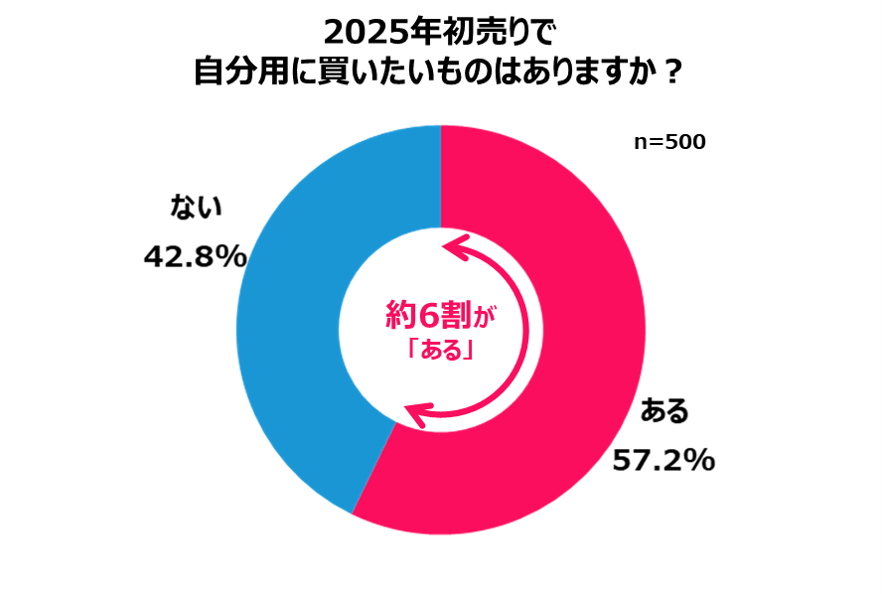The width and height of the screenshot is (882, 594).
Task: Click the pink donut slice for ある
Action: [x=586, y=298]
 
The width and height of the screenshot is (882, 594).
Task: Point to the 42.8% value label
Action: [x=195, y=257]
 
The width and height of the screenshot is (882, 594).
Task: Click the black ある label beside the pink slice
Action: [x=664, y=410]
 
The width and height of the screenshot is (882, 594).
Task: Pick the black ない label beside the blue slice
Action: [x=196, y=207]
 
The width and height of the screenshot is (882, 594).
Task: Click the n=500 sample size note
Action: [x=669, y=142]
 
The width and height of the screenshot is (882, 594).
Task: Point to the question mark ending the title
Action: [x=671, y=72]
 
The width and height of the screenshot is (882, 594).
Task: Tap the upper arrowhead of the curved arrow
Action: [x=457, y=246]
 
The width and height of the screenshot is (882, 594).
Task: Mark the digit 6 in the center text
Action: [x=427, y=315]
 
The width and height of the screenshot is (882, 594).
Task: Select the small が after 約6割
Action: [x=484, y=318]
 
